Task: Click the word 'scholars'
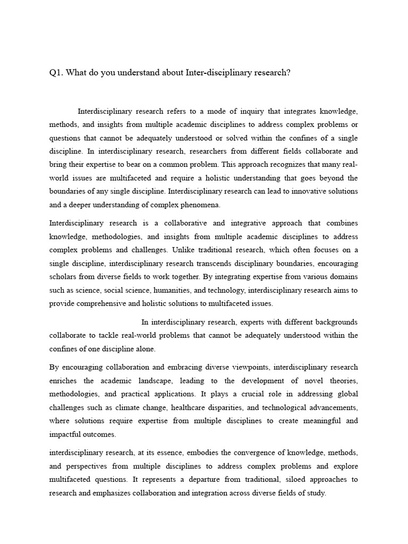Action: pyautogui.click(x=64, y=276)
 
